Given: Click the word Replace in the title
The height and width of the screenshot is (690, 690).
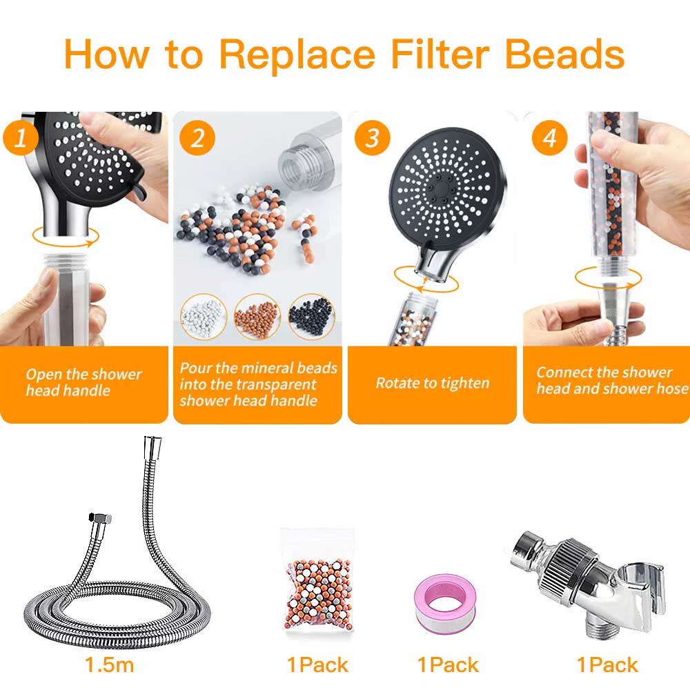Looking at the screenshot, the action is point(297,55).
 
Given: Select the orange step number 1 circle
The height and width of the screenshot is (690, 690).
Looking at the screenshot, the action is point(19,138).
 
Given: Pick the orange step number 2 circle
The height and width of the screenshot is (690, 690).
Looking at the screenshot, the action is point(197,138).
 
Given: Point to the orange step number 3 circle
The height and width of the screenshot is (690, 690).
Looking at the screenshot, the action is point(373,138).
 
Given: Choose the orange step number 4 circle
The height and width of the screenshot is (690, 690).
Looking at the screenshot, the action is point(549,138).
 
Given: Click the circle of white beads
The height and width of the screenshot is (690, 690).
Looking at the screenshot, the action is point(204,317).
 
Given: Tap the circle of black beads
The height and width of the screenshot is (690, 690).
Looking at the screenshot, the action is point(312,317).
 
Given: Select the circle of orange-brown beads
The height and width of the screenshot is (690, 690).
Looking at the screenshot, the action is point(257,317).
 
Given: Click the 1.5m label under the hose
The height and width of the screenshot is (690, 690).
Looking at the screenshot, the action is point(109,664).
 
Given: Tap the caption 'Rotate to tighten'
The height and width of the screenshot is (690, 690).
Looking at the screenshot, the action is point(433,383).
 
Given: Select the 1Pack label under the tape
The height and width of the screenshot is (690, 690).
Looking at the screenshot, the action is point(448,664).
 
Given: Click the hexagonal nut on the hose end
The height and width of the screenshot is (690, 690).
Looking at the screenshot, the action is point(101,517).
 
